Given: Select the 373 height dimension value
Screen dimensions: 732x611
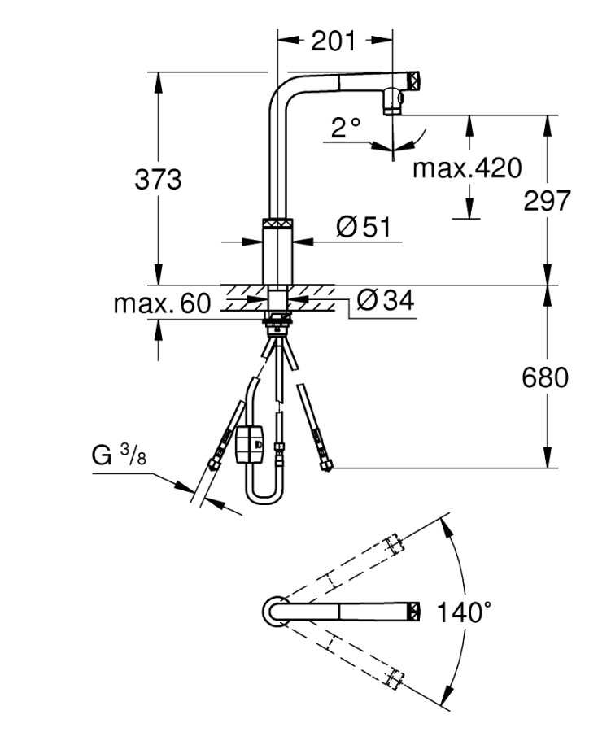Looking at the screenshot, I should (158, 179).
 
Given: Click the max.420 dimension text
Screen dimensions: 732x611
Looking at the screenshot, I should (466, 168).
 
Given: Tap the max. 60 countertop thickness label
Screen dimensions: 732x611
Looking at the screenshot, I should (162, 304).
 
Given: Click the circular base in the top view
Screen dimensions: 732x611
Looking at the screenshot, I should (273, 610).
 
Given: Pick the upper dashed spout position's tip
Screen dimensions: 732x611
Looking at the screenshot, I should (394, 542).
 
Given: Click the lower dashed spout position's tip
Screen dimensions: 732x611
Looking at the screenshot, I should (394, 677).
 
